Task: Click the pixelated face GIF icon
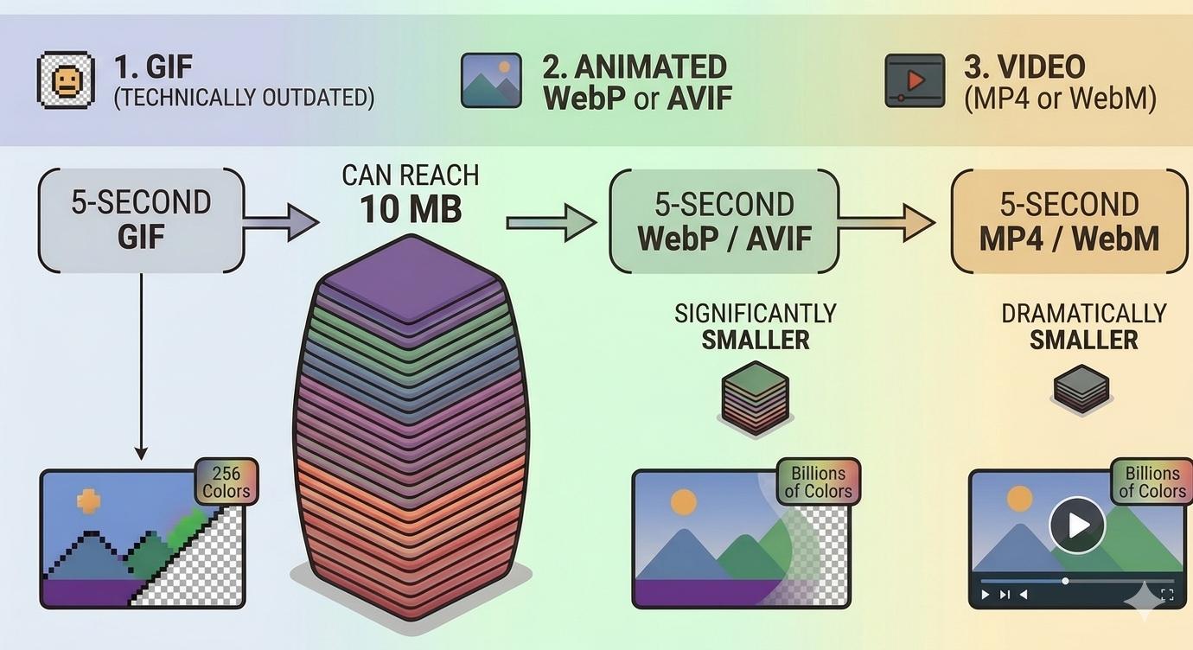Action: [x=66, y=80]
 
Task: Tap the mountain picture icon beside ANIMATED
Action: [x=491, y=80]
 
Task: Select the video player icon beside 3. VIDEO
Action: [x=915, y=80]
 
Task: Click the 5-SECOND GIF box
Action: [x=141, y=220]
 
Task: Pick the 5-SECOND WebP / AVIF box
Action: [x=724, y=221]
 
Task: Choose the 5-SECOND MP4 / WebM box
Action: [x=1069, y=221]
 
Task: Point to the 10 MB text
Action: [x=411, y=209]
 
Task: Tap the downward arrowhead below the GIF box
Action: [x=141, y=452]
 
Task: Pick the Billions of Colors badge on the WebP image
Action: [x=818, y=482]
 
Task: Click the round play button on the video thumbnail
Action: [x=1077, y=525]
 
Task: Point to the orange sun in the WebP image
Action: [x=683, y=502]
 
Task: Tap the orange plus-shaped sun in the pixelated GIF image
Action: [x=89, y=500]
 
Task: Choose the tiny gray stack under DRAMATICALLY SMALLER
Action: [x=1081, y=386]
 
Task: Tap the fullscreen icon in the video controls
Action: [x=1167, y=595]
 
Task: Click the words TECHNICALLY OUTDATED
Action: [x=245, y=98]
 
